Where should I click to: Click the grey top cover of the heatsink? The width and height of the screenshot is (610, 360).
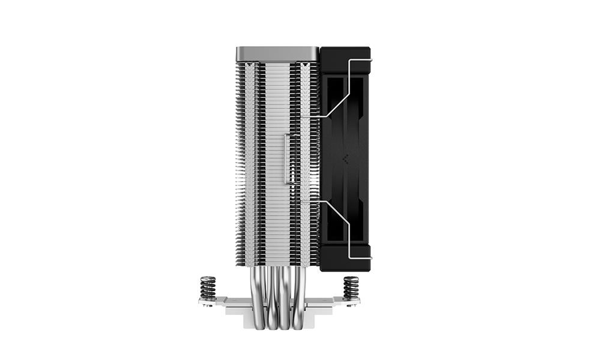[277, 53]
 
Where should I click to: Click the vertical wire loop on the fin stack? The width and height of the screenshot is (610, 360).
[287, 158]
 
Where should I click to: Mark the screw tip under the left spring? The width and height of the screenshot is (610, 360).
[208, 308]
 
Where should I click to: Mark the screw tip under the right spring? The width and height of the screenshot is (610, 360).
[351, 307]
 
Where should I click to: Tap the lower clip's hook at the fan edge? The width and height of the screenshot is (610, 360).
[368, 258]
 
